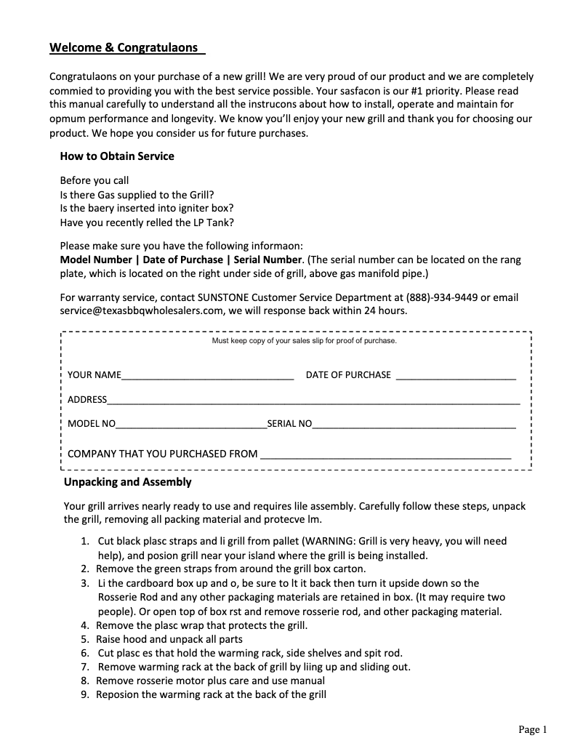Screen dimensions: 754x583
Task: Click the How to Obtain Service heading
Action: click(117, 156)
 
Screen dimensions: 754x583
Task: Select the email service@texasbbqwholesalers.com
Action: click(141, 310)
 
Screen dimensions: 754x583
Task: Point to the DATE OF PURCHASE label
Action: click(348, 375)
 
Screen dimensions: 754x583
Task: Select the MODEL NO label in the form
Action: click(92, 424)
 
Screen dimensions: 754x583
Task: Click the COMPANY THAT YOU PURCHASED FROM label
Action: click(162, 454)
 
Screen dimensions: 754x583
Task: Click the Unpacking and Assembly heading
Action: click(128, 482)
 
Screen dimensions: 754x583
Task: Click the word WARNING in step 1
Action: click(328, 541)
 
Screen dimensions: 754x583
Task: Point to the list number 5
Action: click(85, 639)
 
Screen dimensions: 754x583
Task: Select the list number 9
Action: click(85, 694)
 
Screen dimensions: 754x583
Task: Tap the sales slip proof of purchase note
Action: click(304, 340)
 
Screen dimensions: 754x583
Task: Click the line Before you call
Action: click(95, 180)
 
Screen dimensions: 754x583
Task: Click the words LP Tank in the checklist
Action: click(210, 222)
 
